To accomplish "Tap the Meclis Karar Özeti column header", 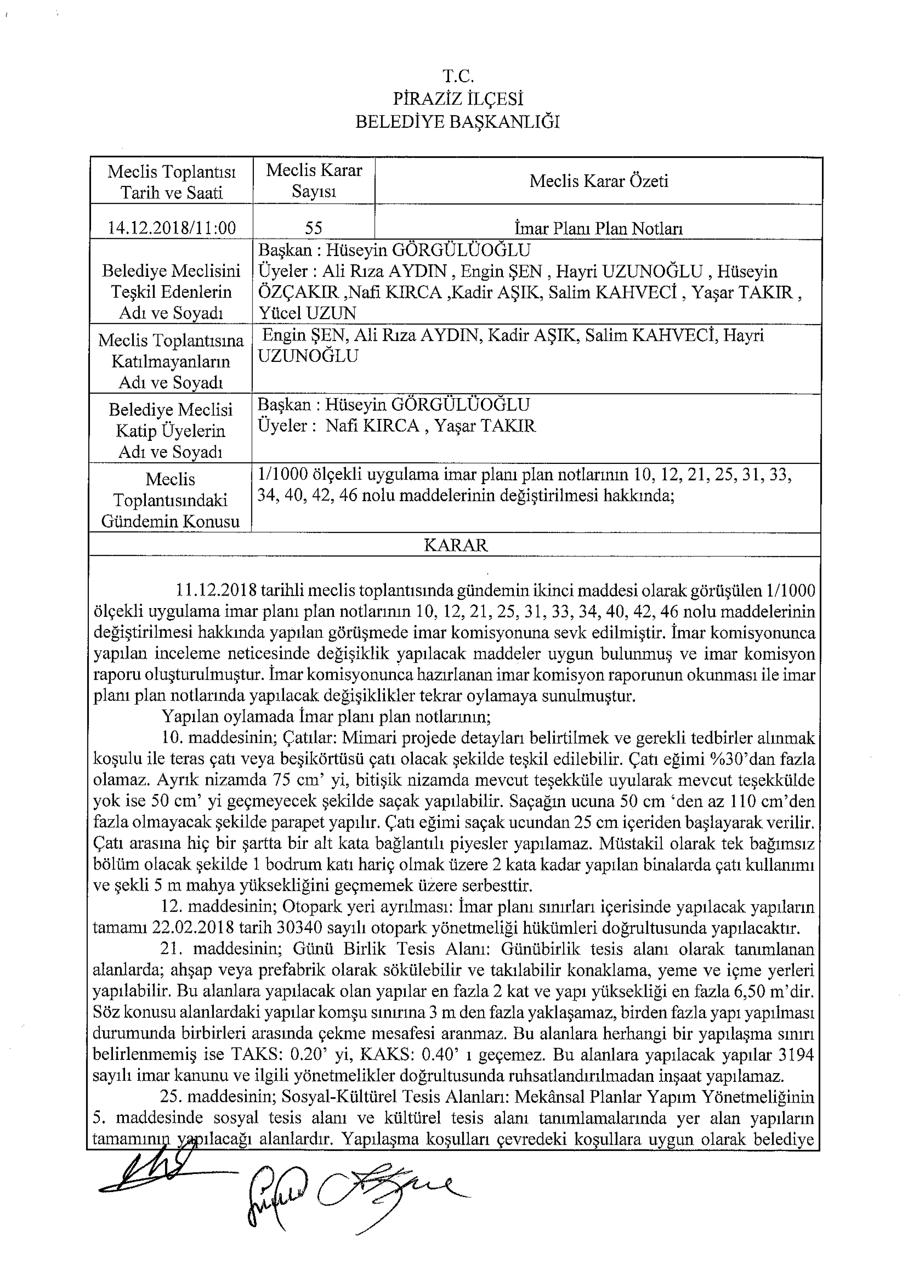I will pos(598,181).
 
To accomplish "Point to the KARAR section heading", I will pos(455,546).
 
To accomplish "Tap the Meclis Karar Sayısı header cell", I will pos(314,181).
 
